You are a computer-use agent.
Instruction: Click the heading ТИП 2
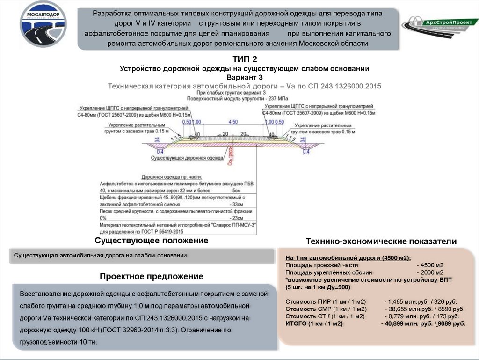245,59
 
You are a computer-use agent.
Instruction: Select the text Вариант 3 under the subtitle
245,77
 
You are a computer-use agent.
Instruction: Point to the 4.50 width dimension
232,122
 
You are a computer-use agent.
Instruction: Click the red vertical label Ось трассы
230,156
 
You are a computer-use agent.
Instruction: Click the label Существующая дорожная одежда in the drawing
187,158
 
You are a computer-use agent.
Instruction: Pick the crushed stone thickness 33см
237,205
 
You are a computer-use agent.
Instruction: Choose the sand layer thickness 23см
237,218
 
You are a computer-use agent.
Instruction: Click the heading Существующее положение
151,241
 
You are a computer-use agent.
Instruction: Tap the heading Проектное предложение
151,277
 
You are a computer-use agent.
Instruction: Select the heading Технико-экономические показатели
381,242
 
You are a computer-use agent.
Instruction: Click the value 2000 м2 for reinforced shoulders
432,272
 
